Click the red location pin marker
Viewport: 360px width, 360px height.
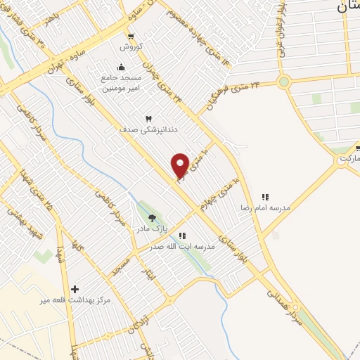point(180,166)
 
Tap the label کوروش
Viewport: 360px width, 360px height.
point(130,47)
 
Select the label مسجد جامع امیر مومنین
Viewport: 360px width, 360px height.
point(121,83)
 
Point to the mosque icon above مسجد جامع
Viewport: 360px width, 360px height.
point(121,67)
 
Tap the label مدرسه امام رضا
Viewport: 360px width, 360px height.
point(265,208)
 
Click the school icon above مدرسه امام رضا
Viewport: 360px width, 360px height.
point(265,198)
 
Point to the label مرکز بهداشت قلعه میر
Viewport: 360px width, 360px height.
point(75,300)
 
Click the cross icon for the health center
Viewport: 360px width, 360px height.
point(75,289)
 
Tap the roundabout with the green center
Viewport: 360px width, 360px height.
point(283,82)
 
